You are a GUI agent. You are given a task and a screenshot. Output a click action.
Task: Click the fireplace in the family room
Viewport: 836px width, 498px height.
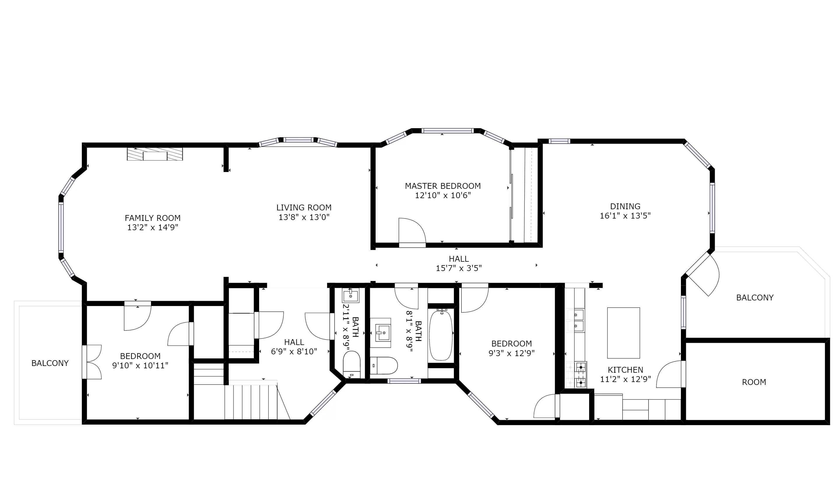[155, 154]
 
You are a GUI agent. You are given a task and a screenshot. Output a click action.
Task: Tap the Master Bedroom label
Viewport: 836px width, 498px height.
[443, 186]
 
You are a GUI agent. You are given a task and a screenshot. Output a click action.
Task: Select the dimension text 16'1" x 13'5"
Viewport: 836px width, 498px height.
[625, 216]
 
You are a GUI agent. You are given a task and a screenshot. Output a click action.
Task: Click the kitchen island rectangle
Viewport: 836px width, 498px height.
[623, 333]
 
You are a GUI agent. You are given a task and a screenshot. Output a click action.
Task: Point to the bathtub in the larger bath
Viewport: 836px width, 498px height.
[441, 336]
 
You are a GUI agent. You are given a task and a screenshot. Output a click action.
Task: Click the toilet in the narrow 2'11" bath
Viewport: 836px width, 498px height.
[351, 365]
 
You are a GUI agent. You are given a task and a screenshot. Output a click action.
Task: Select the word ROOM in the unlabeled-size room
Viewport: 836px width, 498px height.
[754, 382]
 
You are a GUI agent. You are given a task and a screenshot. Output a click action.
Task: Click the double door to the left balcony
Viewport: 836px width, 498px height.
[92, 362]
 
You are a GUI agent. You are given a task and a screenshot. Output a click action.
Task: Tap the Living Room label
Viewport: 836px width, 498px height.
[304, 208]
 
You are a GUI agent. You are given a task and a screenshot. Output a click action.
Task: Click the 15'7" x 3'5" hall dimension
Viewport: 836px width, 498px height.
[459, 268]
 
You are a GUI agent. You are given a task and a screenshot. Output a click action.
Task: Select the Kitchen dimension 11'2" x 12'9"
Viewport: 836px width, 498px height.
[625, 379]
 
